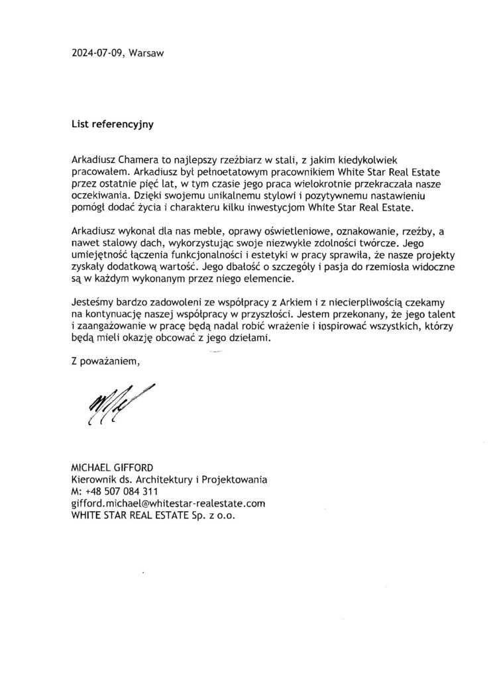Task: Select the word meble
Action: click(x=209, y=232)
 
